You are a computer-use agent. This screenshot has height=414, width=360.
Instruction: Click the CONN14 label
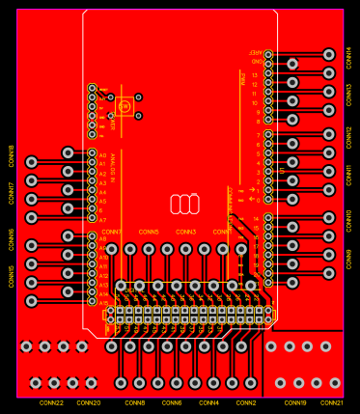coord(348,58)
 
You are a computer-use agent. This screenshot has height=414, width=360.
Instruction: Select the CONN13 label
coord(348,95)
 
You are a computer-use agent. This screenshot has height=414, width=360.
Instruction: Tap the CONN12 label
coord(348,137)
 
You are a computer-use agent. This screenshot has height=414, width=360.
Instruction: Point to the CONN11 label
coord(348,176)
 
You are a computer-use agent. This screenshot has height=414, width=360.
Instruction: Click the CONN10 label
coord(348,220)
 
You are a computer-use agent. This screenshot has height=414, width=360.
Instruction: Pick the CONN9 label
coord(348,259)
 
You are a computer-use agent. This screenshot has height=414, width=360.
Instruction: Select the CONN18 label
coord(12,156)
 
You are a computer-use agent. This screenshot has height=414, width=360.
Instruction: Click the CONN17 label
coord(12,192)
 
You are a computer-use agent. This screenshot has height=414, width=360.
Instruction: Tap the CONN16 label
coord(12,238)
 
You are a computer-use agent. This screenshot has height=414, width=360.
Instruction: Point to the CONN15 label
coord(12,276)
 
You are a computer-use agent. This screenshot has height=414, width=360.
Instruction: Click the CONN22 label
coord(51,402)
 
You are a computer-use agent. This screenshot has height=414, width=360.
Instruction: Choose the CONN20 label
coord(88,402)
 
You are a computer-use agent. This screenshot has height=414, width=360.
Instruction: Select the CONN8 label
coord(135,402)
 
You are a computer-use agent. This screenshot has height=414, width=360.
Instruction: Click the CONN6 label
coord(172,402)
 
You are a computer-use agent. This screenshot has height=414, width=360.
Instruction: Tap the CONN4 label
coord(208,402)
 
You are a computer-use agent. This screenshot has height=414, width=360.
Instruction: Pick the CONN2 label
coord(246,402)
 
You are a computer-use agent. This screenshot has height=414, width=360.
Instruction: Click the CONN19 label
coord(295,402)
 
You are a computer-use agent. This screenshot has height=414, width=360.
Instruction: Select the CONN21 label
coord(332,402)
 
